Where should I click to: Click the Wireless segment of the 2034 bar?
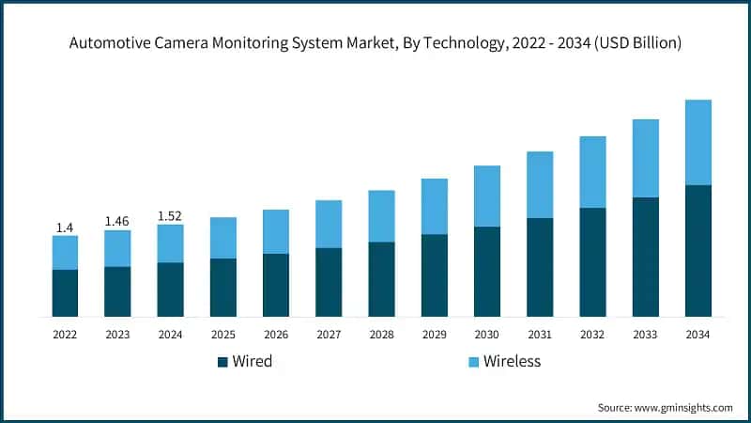[x=697, y=142]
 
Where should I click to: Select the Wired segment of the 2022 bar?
[x=65, y=292]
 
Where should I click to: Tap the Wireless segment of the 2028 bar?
[x=381, y=216]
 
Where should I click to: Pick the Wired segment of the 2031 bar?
[x=540, y=267]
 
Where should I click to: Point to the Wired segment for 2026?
[x=276, y=285]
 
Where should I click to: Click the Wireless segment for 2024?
[x=170, y=243]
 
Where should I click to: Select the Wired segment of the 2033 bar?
[x=645, y=257]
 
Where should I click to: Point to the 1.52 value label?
[x=170, y=215]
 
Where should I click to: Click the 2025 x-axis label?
[x=222, y=334]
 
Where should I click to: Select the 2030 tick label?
[x=486, y=334]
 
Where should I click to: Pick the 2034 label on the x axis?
[x=697, y=334]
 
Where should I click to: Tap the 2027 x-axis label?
[x=329, y=334]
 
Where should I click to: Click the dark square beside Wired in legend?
[x=222, y=362]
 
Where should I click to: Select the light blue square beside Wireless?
[x=473, y=362]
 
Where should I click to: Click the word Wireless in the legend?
[x=513, y=362]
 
